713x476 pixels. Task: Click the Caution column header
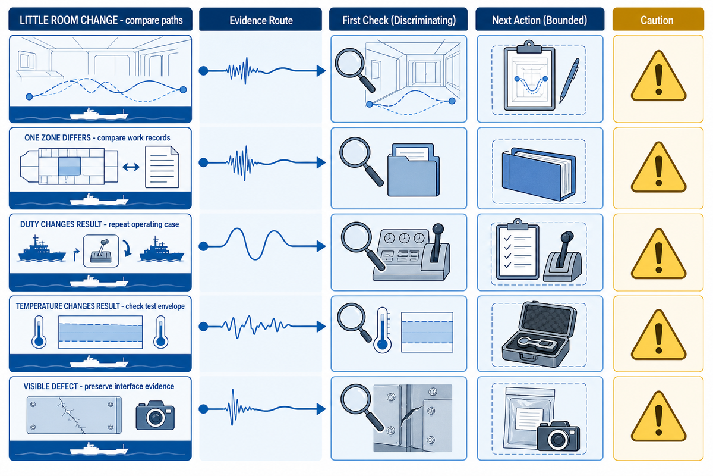coord(658,20)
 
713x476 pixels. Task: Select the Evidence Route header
coord(261,20)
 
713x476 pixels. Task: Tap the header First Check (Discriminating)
coord(399,20)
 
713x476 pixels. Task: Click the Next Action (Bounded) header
coord(540,20)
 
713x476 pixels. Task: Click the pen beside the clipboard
coord(569,81)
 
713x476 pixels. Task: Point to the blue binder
coord(539,174)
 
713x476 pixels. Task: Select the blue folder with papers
coord(414,170)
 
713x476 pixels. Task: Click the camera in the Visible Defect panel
coord(155,415)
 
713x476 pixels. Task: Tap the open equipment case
coord(540,334)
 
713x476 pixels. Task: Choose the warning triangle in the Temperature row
coord(658,335)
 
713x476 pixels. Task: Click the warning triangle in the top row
coord(658,76)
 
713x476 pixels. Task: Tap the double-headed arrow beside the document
coord(131,167)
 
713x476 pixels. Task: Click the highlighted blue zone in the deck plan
coord(70,166)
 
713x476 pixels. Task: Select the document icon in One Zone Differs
coord(162,167)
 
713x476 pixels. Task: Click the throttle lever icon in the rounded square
coord(101,251)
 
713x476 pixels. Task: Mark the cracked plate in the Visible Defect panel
coord(74,415)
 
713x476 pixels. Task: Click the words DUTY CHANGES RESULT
coord(61,224)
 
